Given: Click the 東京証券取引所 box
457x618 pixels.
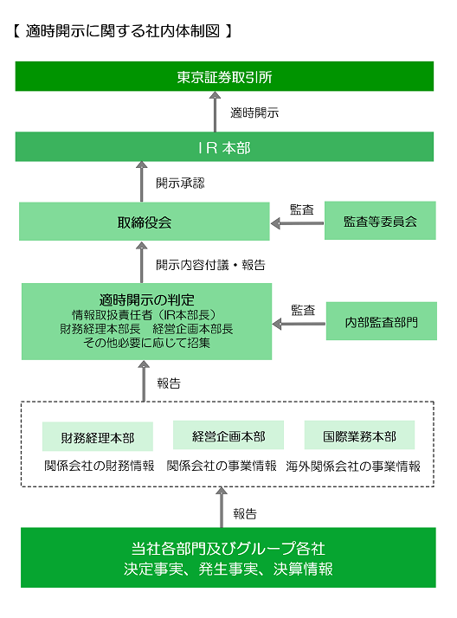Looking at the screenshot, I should (x=224, y=77).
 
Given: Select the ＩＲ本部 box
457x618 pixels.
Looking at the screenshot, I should (x=224, y=148).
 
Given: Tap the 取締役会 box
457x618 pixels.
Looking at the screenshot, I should (x=145, y=222).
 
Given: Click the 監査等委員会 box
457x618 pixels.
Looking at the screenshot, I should (x=379, y=222).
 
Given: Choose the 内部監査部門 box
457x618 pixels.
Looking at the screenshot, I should (x=379, y=322).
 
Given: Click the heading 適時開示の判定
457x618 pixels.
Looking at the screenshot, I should (x=145, y=299).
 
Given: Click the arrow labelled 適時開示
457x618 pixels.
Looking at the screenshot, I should (x=214, y=112).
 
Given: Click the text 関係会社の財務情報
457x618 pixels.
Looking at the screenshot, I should (x=99, y=466).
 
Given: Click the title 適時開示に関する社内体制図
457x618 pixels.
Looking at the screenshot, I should (x=122, y=32).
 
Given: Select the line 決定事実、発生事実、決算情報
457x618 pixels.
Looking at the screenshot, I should (x=228, y=570).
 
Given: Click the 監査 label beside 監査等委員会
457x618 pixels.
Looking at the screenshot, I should (x=302, y=209).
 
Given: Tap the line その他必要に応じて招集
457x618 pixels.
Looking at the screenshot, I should (x=145, y=343).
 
